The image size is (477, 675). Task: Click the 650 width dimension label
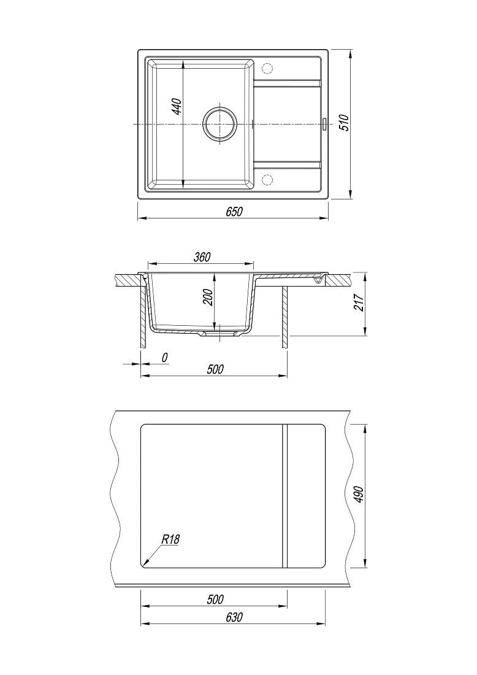pyautogui.click(x=234, y=212)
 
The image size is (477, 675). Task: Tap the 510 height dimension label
pyautogui.click(x=345, y=123)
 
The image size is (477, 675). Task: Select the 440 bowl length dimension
pyautogui.click(x=177, y=107)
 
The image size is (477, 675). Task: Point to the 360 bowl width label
pyautogui.click(x=202, y=257)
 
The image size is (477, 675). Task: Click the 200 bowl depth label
pyautogui.click(x=208, y=297)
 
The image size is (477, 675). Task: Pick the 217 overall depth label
pyautogui.click(x=359, y=303)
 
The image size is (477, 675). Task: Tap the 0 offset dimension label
pyautogui.click(x=164, y=357)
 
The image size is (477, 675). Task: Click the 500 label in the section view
pyautogui.click(x=215, y=369)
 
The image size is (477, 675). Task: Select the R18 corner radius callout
pyautogui.click(x=170, y=539)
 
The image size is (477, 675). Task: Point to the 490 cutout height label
pyautogui.click(x=359, y=495)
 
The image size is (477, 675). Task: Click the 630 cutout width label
pyautogui.click(x=234, y=617)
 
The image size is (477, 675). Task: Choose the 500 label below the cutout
pyautogui.click(x=215, y=600)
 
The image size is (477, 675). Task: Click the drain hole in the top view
pyautogui.click(x=219, y=124)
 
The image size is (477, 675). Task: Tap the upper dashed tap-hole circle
pyautogui.click(x=267, y=69)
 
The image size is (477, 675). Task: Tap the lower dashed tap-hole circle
pyautogui.click(x=267, y=180)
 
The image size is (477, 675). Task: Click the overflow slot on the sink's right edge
pyautogui.click(x=325, y=124)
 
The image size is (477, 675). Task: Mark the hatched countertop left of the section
pyautogui.click(x=129, y=280)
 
